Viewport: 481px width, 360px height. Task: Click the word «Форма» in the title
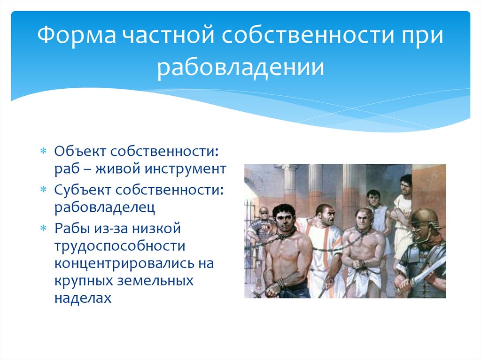(77, 35)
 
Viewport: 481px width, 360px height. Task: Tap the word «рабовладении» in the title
(240, 67)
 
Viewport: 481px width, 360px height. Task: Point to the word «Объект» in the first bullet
(80, 151)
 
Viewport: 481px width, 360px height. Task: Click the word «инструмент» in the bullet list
(185, 169)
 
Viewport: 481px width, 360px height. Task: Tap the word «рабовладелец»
(105, 207)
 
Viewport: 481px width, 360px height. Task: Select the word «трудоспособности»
(120, 246)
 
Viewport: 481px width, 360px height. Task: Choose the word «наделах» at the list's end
(83, 298)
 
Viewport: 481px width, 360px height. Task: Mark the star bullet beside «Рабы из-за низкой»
(44, 229)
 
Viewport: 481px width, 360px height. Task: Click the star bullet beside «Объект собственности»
(44, 151)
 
